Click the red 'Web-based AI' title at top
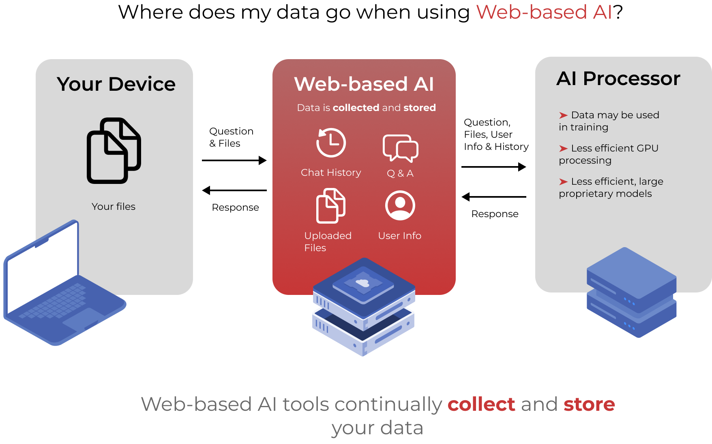pos(543,12)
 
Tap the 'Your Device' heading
pos(116,84)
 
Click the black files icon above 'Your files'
pos(114,151)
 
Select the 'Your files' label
pos(114,207)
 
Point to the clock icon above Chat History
pos(331,143)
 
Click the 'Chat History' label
pos(331,173)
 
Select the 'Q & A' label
pos(400,173)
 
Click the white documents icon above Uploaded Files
pos(330,206)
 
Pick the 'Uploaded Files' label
pos(328,241)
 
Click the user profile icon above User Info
pos(400,206)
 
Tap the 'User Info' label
pos(400,236)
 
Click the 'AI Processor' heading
pos(618,79)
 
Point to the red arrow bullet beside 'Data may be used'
pos(563,115)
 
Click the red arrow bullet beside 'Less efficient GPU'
pos(563,149)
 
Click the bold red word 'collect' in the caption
pos(481,404)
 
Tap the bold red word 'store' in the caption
pos(589,404)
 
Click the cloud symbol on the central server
pos(362,283)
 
